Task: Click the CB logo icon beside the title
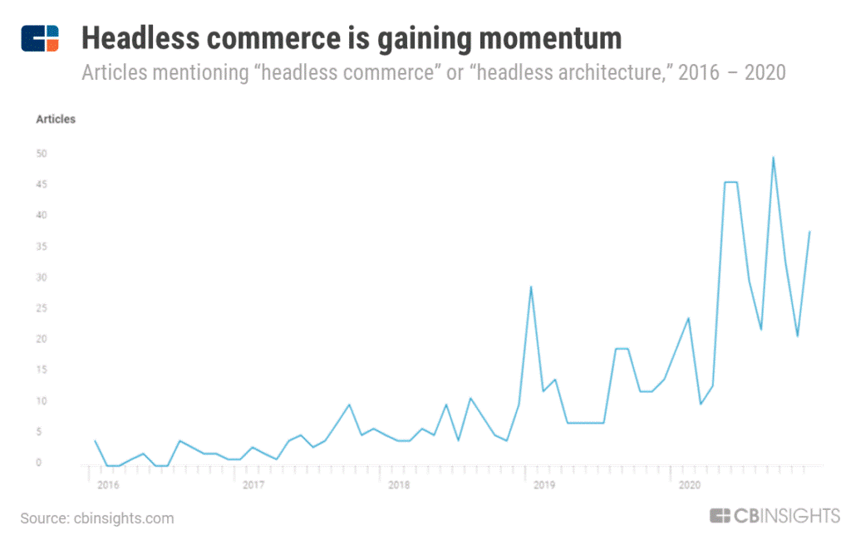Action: (40, 38)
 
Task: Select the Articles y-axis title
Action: (56, 120)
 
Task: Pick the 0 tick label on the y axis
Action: (38, 463)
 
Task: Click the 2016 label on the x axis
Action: (109, 484)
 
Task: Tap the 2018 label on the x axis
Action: (399, 484)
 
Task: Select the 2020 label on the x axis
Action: (689, 484)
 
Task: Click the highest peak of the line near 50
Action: (773, 157)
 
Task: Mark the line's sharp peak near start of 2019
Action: (530, 287)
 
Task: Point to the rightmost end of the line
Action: (809, 232)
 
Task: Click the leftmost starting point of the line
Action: (95, 441)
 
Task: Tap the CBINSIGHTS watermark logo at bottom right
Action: (775, 516)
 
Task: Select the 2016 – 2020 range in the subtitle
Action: (732, 72)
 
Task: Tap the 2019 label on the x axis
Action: (544, 484)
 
